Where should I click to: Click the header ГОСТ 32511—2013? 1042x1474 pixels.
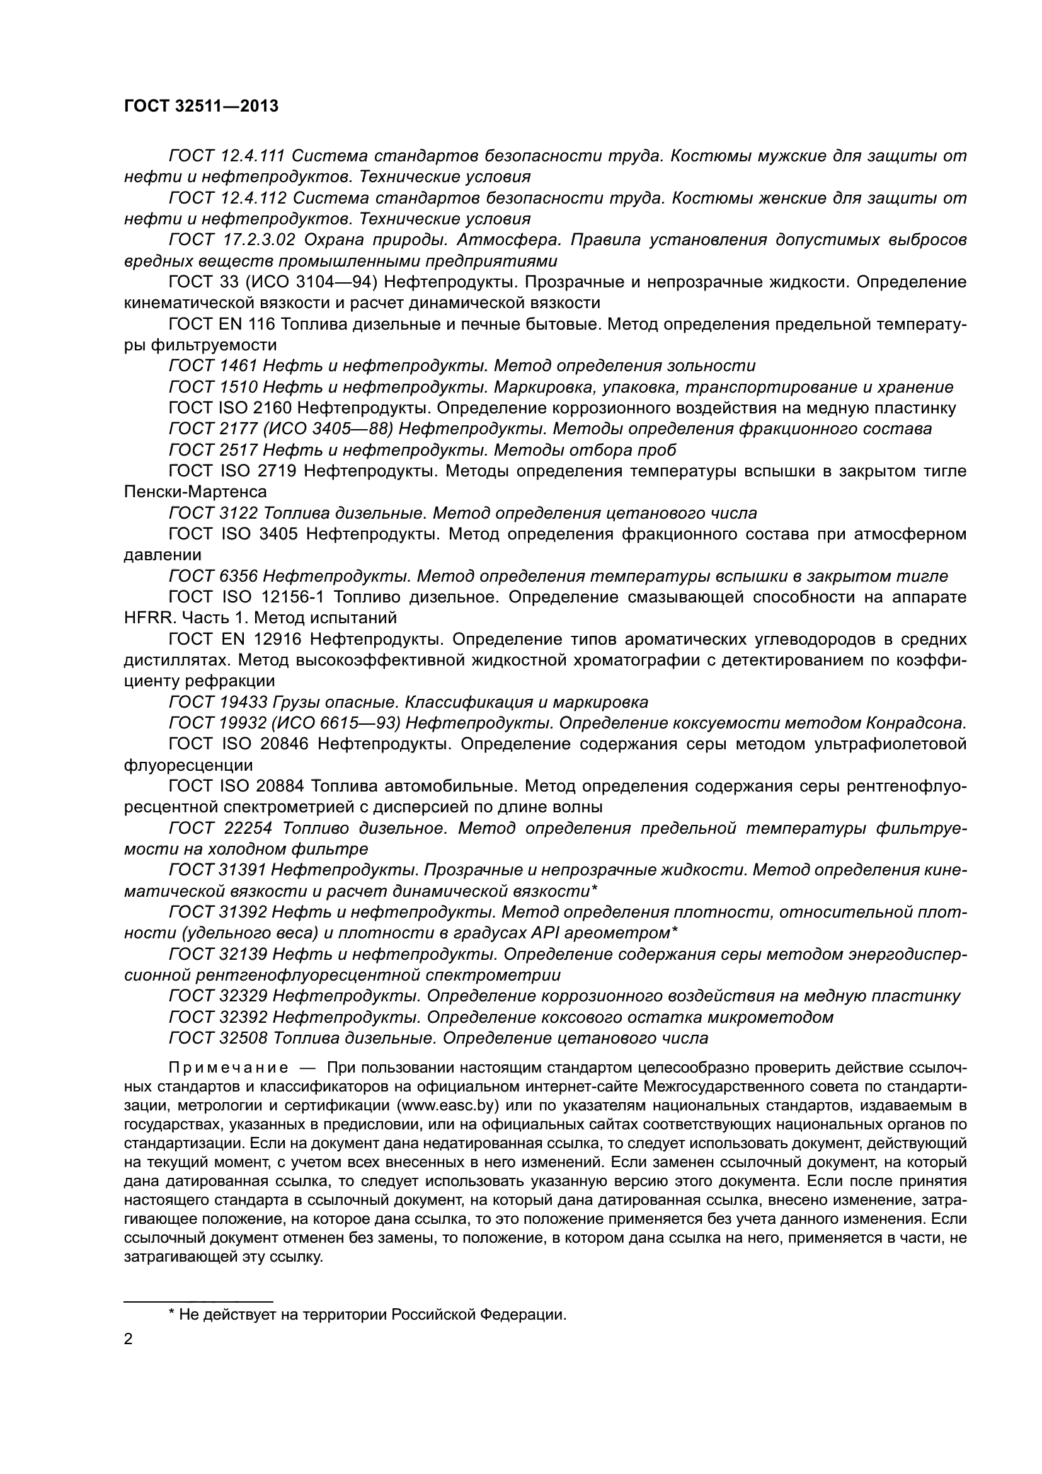[201, 107]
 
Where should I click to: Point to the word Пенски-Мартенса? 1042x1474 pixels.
[195, 492]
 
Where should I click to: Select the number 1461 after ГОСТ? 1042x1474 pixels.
[238, 366]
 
